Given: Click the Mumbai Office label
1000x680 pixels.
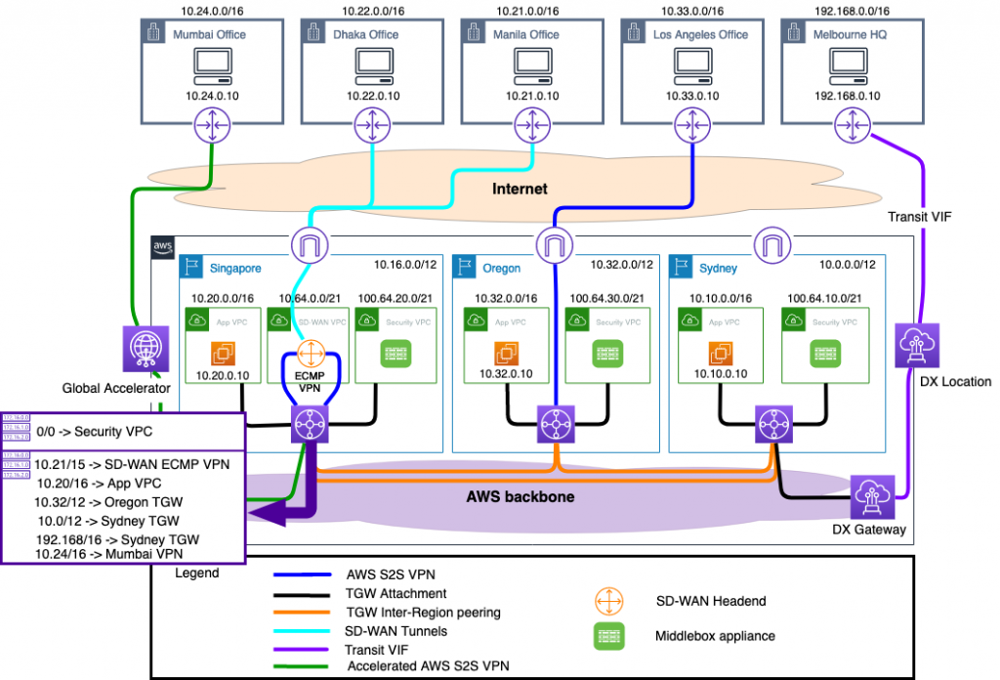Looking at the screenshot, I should tap(209, 35).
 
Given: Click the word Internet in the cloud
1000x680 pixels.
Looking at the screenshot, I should tap(520, 189).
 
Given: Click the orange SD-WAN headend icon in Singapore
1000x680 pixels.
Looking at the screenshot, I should tap(309, 354).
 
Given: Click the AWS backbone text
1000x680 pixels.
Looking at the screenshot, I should tap(519, 496).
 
